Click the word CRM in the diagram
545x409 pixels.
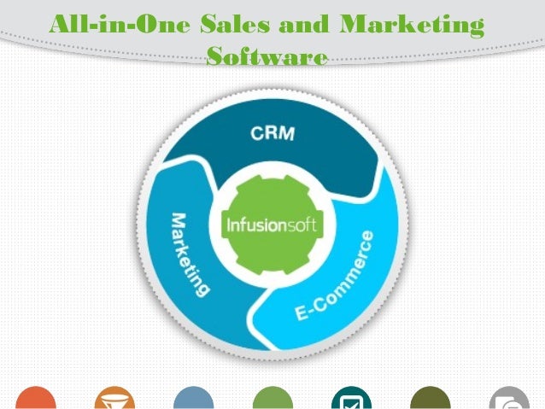(272, 133)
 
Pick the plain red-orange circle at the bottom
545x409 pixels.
(35, 399)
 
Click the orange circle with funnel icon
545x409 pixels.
(114, 399)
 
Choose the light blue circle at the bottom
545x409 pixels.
(193, 399)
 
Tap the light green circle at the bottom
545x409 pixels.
(272, 399)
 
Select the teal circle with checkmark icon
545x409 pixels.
(351, 399)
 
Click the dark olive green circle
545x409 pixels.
(431, 399)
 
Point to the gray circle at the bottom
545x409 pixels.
(509, 399)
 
